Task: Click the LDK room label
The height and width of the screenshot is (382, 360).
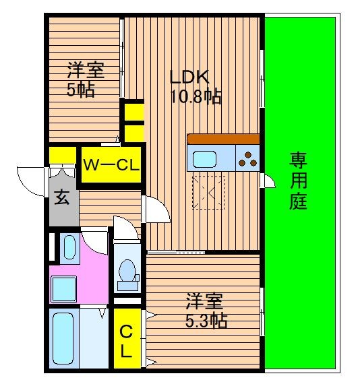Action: tap(189, 77)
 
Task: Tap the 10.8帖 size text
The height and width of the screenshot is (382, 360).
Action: tap(196, 97)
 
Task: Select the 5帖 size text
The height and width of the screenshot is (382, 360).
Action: tap(81, 90)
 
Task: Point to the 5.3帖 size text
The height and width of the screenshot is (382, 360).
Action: tap(206, 321)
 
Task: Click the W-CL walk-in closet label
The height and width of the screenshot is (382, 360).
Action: tap(111, 165)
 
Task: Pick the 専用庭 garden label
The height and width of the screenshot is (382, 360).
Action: tap(299, 181)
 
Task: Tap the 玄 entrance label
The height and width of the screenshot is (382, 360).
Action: tap(61, 197)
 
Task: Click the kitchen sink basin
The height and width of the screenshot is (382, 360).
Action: tap(204, 159)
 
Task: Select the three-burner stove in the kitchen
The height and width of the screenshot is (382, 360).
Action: tap(247, 158)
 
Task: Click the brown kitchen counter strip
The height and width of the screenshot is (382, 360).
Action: tap(223, 139)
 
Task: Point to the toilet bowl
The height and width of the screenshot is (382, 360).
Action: tap(127, 270)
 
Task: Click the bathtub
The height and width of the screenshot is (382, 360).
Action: tap(63, 339)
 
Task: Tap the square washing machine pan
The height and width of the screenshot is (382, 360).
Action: tap(63, 289)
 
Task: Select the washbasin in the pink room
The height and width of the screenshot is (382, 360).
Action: tap(69, 247)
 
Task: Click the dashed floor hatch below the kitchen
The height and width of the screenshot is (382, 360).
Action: tap(208, 193)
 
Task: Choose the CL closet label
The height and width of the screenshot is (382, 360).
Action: tap(126, 342)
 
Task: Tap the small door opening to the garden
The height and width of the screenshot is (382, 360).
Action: tap(268, 181)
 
